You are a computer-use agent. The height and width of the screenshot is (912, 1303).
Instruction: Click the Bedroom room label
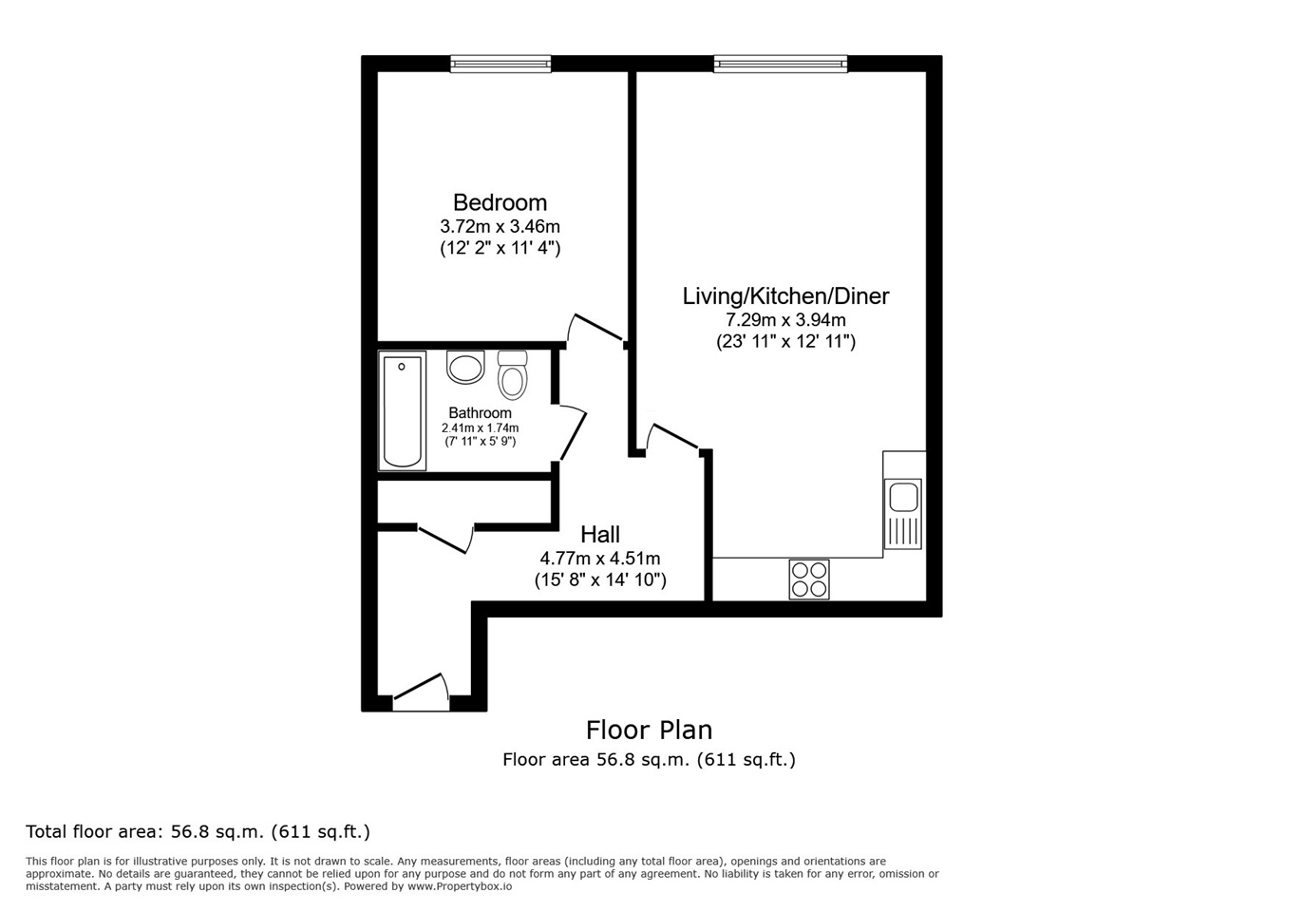tap(500, 202)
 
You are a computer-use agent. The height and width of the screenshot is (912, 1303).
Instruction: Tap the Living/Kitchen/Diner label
tap(785, 296)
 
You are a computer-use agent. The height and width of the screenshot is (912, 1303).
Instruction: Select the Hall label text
tap(600, 534)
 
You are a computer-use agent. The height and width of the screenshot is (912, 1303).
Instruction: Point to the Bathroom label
tap(480, 412)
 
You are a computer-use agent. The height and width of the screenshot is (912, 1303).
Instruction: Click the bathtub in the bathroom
tap(402, 410)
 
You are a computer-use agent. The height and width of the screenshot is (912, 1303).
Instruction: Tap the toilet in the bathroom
tap(513, 374)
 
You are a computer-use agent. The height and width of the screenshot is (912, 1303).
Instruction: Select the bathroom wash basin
tap(465, 367)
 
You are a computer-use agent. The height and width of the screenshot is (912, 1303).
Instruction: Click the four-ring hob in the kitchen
tap(809, 579)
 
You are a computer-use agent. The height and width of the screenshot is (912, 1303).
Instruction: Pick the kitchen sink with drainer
tap(903, 513)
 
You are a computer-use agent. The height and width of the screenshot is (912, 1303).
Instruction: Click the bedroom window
tap(500, 64)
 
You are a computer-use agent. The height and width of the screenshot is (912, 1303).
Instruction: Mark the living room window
tap(780, 64)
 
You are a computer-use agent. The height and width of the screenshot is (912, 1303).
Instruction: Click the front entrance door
tap(421, 692)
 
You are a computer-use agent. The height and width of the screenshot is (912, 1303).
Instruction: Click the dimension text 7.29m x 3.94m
tap(785, 319)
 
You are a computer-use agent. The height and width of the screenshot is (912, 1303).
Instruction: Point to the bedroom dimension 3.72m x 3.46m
tap(500, 226)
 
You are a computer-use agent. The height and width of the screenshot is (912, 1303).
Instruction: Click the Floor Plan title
tap(649, 730)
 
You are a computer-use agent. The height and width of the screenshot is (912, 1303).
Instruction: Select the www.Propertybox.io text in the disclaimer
tap(460, 886)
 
